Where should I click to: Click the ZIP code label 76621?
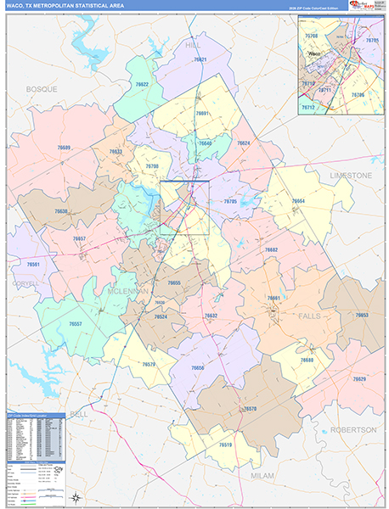pos(200,60)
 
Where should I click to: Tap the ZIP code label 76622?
pos(142,85)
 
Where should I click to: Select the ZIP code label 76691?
pos(202,114)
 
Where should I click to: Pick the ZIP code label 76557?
pos(75,325)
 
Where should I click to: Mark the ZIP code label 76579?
pos(149,364)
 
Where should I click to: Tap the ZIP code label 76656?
pos(198,368)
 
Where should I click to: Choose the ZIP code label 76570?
pos(250,409)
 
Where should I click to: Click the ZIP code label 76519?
pos(224,445)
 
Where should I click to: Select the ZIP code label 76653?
pos(362,315)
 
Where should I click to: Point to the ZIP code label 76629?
pos(359,379)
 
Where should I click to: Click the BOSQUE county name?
pos(42,88)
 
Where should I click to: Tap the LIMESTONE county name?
pos(352,175)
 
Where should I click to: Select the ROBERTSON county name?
pos(352,430)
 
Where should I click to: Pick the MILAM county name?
pos(262,476)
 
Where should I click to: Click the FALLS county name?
pos(310,316)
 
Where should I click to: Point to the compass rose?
pos(76,498)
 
